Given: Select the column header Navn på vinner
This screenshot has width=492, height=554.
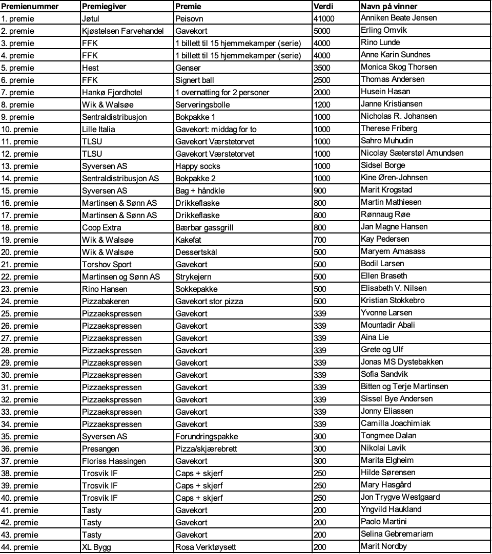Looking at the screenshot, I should point(388,7).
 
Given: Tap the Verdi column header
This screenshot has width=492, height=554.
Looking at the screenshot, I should point(323,7).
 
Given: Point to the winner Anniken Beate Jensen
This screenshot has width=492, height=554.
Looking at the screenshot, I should point(399,18).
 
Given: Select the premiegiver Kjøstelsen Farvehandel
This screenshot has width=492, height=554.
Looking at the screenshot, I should point(122,31).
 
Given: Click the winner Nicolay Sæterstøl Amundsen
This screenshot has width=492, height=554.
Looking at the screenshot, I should point(412,153).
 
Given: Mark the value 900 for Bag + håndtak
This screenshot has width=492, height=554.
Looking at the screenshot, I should point(320,190).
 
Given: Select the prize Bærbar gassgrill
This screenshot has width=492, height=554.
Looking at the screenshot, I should point(204,227).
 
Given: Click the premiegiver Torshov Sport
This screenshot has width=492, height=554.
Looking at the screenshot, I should point(107,264).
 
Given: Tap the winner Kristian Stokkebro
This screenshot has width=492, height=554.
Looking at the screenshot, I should point(392,301).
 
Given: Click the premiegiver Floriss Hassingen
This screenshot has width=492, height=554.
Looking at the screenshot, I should point(114,461).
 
